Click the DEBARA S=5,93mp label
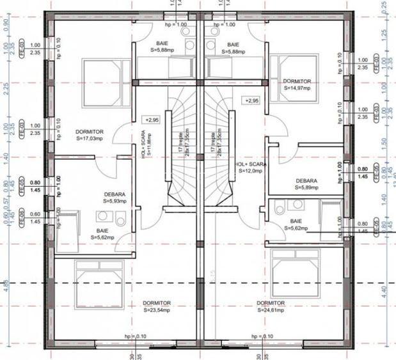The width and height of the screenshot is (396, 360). (x=115, y=198)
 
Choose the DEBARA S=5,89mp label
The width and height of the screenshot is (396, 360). (x=306, y=184)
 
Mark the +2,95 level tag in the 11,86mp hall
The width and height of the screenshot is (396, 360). (x=153, y=120)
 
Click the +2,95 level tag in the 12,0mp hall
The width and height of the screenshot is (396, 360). (x=251, y=101)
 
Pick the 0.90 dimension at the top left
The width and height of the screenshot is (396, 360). (x=6, y=25)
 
